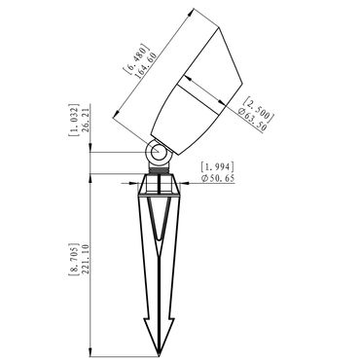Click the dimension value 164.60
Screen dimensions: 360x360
[x=146, y=64]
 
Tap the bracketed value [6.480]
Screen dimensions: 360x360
[x=136, y=56]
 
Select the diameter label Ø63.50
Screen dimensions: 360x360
[x=252, y=120]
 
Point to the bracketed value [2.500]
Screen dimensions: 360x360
[x=259, y=108]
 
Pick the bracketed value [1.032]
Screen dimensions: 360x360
[x=74, y=120]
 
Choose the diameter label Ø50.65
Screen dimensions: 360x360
[x=218, y=178]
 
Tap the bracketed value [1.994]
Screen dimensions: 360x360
[x=217, y=167]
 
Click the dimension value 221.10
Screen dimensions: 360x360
[x=86, y=260]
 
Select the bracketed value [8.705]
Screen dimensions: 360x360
[x=74, y=259]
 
